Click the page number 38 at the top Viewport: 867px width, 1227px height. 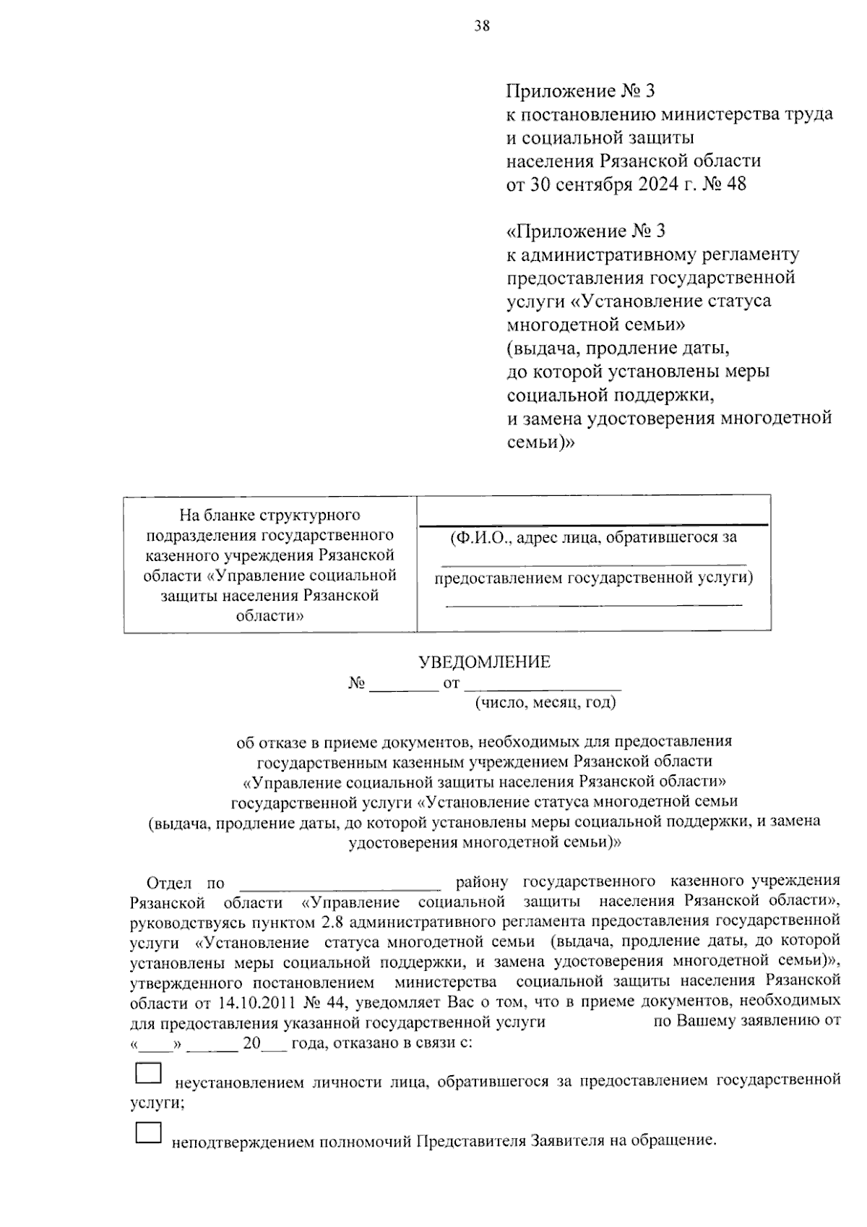(482, 27)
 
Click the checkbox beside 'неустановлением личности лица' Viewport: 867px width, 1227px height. (148, 1073)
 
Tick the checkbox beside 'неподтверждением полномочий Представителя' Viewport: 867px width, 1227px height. (148, 1132)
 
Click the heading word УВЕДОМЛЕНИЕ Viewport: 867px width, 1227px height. (485, 662)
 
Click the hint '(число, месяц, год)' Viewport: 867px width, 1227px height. (545, 701)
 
